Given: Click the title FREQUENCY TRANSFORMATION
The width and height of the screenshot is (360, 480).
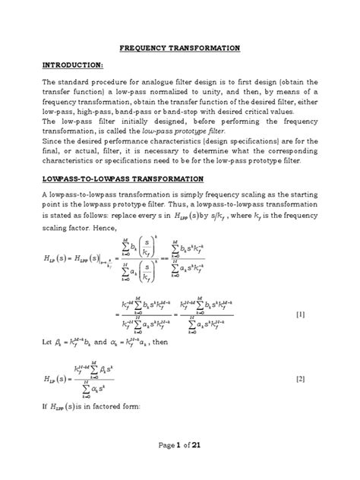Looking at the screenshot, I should tap(180, 47).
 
